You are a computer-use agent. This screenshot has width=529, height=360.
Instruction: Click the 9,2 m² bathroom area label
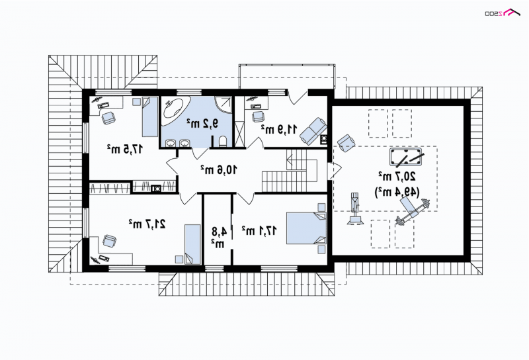point(203,124)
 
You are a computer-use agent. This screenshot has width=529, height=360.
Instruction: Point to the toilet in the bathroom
point(223,142)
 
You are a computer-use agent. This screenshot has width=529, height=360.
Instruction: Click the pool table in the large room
point(405,157)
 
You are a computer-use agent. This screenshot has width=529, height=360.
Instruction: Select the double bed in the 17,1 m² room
point(306,228)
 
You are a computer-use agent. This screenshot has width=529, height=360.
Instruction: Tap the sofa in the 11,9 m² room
point(313,131)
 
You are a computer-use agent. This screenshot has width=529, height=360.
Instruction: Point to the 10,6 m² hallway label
point(219,169)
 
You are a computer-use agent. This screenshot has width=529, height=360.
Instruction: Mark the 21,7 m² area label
point(147,223)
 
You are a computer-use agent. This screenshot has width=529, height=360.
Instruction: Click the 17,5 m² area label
point(125,148)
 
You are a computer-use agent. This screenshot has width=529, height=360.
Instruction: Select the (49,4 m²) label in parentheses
point(397,192)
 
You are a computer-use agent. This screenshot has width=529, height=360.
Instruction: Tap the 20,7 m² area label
point(397,175)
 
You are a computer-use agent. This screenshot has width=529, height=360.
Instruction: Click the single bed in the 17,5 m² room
point(150,117)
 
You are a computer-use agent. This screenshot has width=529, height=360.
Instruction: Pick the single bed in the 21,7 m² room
point(192,244)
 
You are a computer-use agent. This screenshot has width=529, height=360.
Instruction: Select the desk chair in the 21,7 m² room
point(109,241)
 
